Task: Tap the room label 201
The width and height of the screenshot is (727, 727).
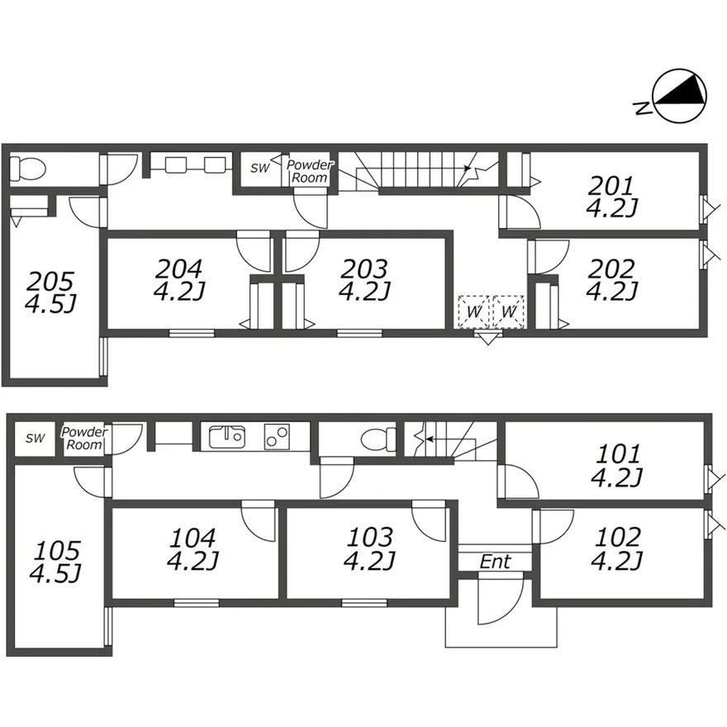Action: tap(611, 187)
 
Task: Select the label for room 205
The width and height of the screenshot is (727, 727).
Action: tap(50, 282)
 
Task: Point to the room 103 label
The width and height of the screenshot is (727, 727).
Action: tap(370, 537)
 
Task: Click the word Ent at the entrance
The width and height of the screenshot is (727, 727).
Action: tap(495, 562)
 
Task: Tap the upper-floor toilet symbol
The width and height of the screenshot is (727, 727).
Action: tap(28, 169)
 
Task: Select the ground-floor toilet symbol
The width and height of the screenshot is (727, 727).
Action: tap(378, 440)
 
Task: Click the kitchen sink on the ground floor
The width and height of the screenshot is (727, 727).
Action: tap(226, 437)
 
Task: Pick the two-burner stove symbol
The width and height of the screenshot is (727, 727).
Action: tap(278, 437)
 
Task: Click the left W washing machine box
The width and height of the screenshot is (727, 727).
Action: tap(474, 311)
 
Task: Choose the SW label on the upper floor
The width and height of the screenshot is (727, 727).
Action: tap(259, 168)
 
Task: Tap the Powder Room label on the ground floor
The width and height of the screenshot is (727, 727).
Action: tap(84, 438)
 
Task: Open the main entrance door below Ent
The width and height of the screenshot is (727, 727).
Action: tap(501, 598)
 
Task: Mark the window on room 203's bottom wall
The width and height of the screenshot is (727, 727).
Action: tap(360, 333)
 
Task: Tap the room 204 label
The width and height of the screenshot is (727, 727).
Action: tap(179, 268)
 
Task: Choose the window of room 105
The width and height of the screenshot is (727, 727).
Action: tap(107, 626)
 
